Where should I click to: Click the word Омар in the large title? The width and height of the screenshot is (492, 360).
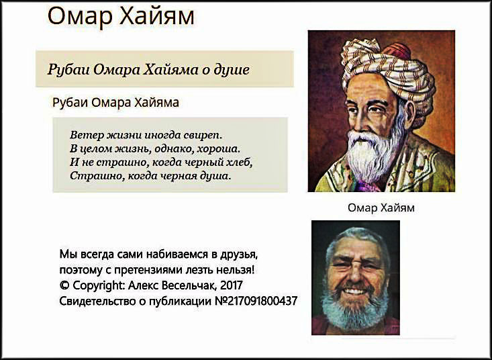[80, 16]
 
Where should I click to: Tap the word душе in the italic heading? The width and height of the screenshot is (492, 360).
[232, 70]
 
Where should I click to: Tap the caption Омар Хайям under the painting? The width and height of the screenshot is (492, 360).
[381, 208]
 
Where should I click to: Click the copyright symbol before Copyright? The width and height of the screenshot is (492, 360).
[64, 285]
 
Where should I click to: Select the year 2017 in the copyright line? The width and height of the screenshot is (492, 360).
[232, 285]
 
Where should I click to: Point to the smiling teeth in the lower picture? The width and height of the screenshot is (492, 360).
[354, 291]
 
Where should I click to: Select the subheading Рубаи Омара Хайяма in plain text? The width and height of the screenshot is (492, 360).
[115, 103]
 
